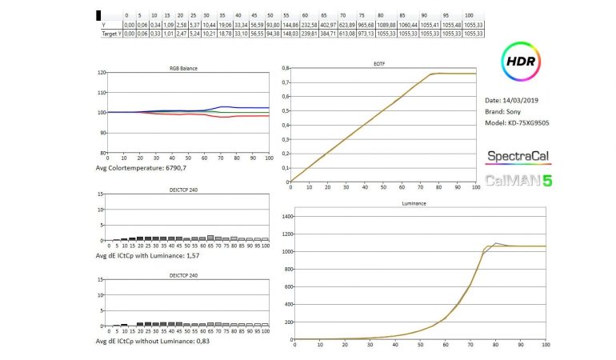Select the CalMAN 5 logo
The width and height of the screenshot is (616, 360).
[518, 180]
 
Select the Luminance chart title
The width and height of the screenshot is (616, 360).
[414, 204]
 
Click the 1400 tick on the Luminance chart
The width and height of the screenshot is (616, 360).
[281, 216]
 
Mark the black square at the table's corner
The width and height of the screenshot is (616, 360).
[98, 15]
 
